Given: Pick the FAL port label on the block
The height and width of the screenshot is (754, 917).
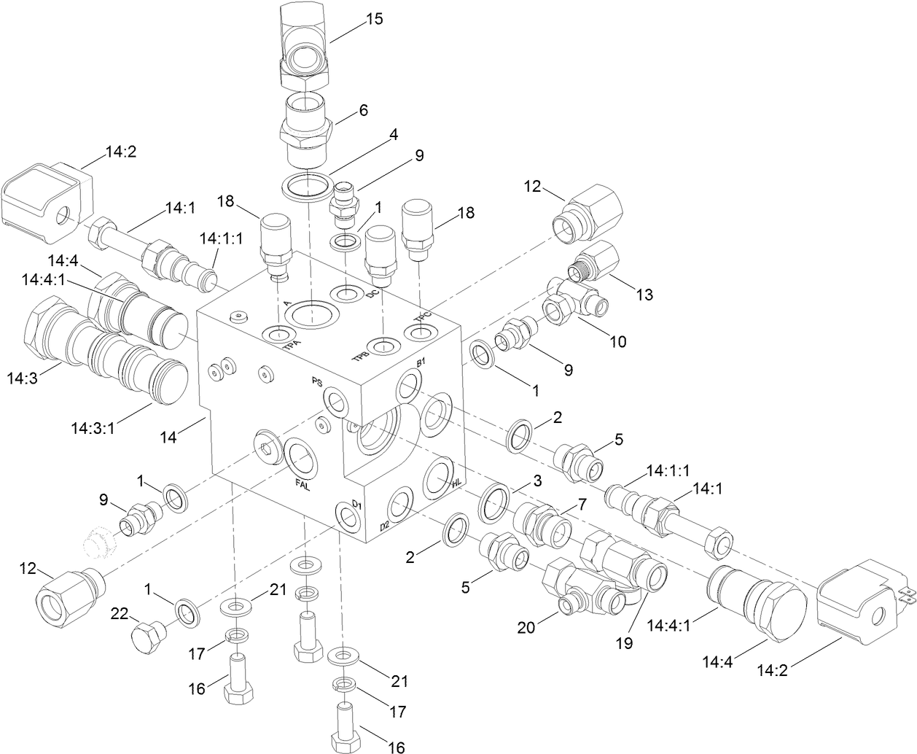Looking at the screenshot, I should pos(302,483).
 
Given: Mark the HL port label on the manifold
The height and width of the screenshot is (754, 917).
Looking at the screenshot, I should pos(457,483).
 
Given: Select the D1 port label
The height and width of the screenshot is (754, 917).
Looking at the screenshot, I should pos(357,503).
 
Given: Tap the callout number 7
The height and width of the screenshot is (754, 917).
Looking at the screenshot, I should pos(582,503).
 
